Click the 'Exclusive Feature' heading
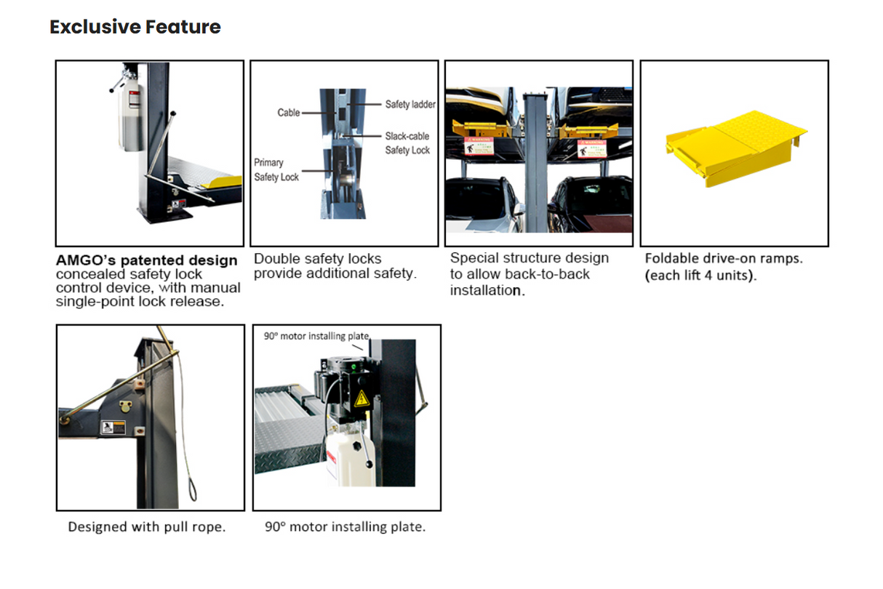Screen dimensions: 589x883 click(135, 27)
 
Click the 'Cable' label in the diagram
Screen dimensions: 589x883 click(288, 113)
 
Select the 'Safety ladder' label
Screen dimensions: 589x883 click(410, 104)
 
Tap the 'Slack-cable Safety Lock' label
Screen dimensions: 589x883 click(407, 143)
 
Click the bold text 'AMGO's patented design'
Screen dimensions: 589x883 click(146, 260)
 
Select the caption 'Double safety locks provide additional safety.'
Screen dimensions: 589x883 click(335, 266)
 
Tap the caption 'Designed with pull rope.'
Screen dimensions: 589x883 click(147, 526)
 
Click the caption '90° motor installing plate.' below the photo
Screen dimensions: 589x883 click(345, 526)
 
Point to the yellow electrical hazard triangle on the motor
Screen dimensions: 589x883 click(361, 398)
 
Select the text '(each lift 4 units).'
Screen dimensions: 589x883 click(700, 276)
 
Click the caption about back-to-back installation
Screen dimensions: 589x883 click(529, 274)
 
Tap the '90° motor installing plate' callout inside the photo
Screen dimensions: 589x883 click(316, 336)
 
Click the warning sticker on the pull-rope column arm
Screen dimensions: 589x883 click(113, 428)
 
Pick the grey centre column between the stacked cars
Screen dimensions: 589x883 click(537, 160)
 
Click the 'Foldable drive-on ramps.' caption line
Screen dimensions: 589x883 click(724, 258)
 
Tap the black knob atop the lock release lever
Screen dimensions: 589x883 click(173, 113)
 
